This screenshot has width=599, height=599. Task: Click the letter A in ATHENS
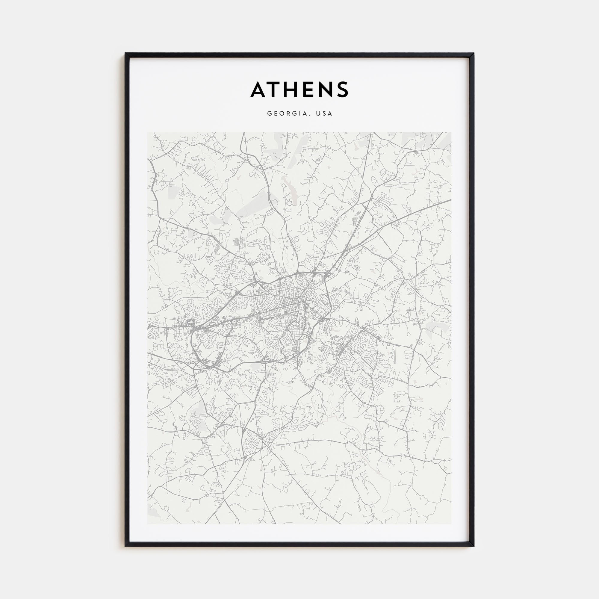(x=258, y=90)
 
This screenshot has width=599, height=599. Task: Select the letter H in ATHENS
(x=293, y=90)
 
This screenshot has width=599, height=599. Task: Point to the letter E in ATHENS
(x=310, y=90)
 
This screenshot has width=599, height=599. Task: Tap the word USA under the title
(x=324, y=114)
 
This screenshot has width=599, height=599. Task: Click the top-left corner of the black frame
(x=125, y=53)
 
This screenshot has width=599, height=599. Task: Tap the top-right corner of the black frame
(x=474, y=53)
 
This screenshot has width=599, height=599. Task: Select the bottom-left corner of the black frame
(x=125, y=546)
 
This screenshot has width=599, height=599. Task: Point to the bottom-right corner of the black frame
(x=474, y=546)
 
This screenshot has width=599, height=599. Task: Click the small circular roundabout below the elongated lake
(x=289, y=203)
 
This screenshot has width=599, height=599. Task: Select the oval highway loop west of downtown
(x=199, y=347)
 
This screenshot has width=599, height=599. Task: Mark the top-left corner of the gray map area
(x=148, y=132)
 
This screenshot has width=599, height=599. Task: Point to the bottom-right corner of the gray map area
(x=451, y=524)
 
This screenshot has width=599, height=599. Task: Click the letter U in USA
(x=318, y=114)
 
